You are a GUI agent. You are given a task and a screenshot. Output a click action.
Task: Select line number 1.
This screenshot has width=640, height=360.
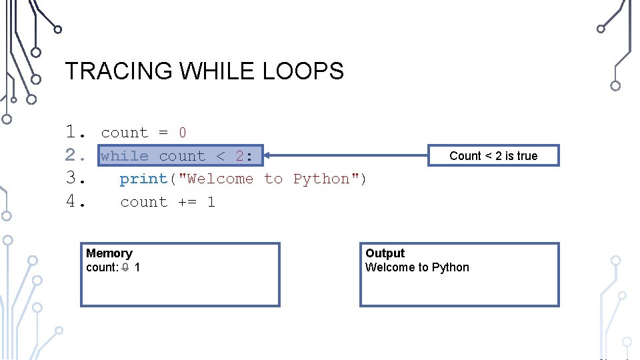[x=73, y=133]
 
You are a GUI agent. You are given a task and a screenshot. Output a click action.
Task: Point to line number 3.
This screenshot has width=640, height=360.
[x=73, y=179]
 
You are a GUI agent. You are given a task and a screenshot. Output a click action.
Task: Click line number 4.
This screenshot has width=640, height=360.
[x=73, y=201]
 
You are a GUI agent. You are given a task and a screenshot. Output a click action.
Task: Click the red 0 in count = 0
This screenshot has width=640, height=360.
[x=183, y=133]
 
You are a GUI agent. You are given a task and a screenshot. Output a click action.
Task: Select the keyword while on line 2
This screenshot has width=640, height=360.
[x=125, y=156]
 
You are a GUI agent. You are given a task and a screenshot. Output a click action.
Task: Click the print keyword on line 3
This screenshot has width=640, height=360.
[x=143, y=179]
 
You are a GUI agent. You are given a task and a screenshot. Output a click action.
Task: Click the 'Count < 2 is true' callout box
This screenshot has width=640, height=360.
[x=493, y=156]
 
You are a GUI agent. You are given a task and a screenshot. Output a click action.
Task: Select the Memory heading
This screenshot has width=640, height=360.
[x=109, y=253]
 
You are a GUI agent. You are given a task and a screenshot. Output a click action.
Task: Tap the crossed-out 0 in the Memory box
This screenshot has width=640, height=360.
[x=125, y=267]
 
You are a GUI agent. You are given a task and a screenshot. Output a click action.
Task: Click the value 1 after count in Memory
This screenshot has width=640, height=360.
[x=137, y=267]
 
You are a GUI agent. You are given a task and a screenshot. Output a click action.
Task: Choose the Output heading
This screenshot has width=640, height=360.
[x=385, y=253]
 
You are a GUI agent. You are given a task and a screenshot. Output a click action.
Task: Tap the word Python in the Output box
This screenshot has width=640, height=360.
[x=451, y=267]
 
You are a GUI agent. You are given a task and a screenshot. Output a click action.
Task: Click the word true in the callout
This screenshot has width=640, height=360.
[x=527, y=156]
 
